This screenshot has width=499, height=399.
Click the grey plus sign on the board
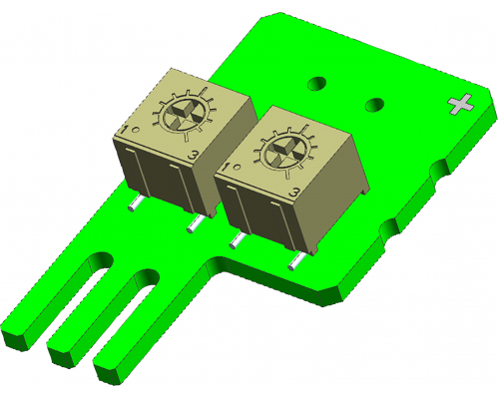pos(461,104)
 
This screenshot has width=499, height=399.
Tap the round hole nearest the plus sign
pos(374,105)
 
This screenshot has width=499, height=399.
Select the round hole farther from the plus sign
pos(316,83)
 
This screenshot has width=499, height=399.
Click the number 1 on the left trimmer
pos(125,130)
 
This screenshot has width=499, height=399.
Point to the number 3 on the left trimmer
pos(194,155)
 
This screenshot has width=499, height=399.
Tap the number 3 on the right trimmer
pos(294,192)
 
